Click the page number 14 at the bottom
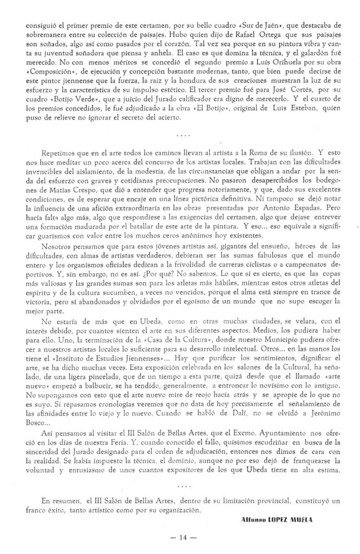coord(180,538)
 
